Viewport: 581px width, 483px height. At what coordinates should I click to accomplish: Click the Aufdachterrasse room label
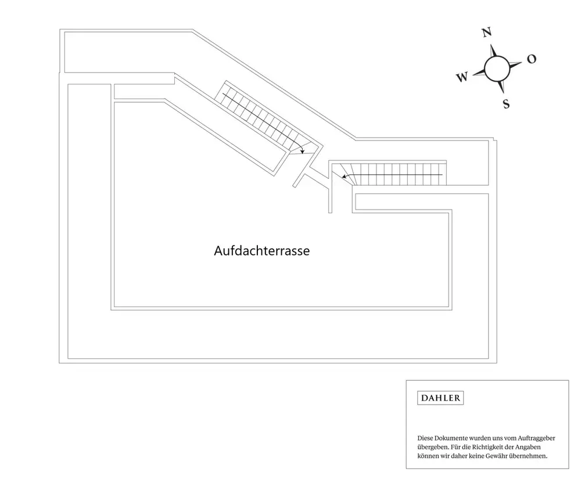coord(261,251)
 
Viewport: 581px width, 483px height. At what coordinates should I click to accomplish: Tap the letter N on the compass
coord(487,33)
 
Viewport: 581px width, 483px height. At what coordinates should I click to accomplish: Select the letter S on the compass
coord(506,104)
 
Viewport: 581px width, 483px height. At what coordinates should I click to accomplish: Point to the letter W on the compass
coord(462,77)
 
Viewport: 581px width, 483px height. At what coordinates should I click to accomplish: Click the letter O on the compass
coord(531,59)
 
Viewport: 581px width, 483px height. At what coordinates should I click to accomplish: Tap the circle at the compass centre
coord(497,68)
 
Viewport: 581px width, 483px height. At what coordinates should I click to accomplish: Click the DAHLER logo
coord(440,398)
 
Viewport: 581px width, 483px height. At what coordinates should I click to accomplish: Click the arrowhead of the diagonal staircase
coord(303,151)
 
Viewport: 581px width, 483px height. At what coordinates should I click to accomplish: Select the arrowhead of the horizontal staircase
coord(343,176)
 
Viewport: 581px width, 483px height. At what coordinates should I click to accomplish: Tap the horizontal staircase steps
coord(401,174)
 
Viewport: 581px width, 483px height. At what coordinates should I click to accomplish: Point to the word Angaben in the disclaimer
coord(533,447)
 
